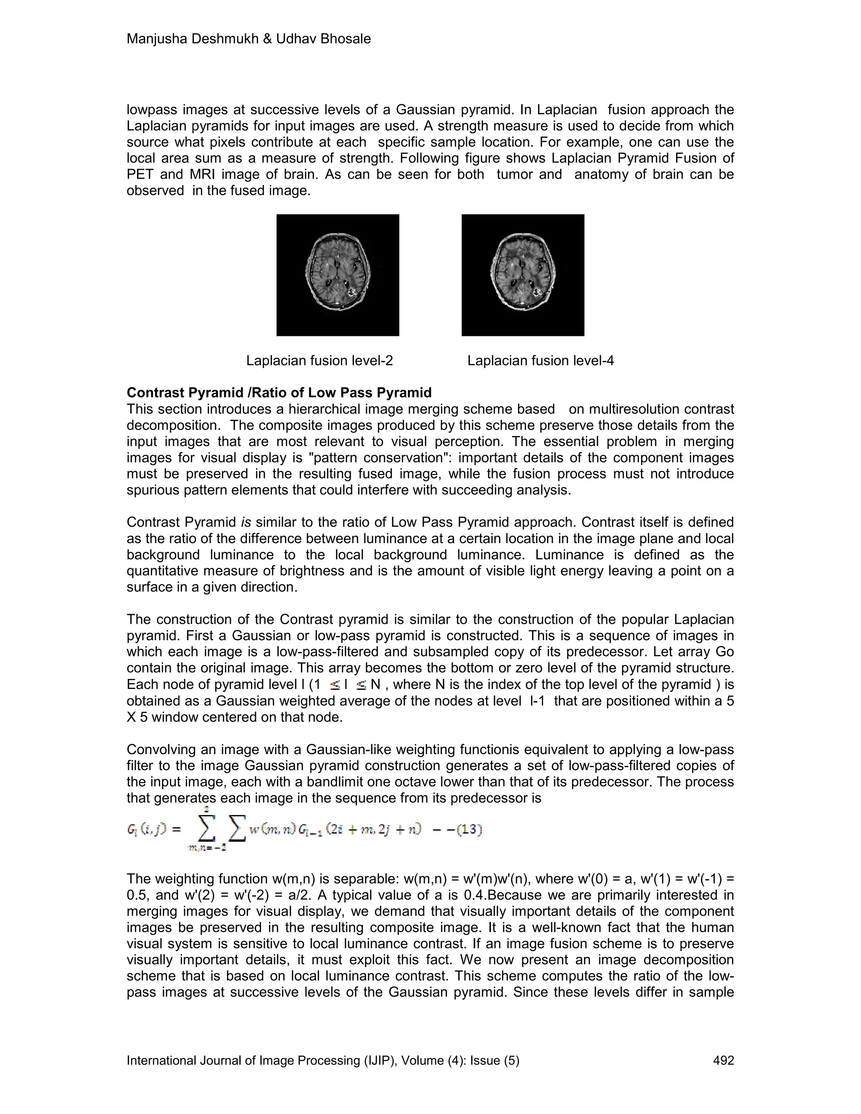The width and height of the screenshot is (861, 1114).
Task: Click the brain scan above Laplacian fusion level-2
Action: point(338,275)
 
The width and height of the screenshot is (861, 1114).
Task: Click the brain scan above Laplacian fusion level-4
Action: point(523,275)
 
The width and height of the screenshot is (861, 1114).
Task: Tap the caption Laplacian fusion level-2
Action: point(320,361)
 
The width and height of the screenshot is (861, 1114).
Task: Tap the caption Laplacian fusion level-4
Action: point(540,361)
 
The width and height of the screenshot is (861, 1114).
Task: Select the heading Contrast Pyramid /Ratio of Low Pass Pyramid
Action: point(279,392)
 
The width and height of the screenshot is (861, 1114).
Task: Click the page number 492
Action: point(723,1061)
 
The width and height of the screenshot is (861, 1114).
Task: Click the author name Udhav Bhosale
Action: point(323,39)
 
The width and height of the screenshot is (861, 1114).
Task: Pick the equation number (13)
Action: point(468,829)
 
